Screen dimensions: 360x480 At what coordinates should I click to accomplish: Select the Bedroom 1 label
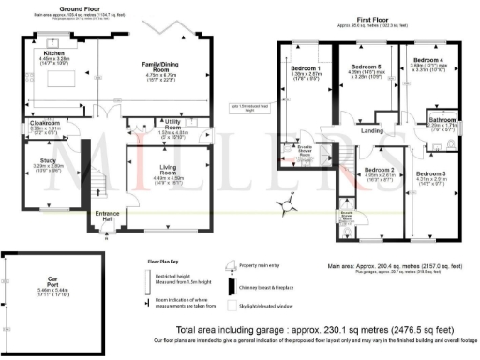pyautogui.click(x=306, y=68)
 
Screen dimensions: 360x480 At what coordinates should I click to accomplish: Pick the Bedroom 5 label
pyautogui.click(x=366, y=67)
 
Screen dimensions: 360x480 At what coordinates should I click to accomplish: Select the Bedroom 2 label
pyautogui.click(x=378, y=170)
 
